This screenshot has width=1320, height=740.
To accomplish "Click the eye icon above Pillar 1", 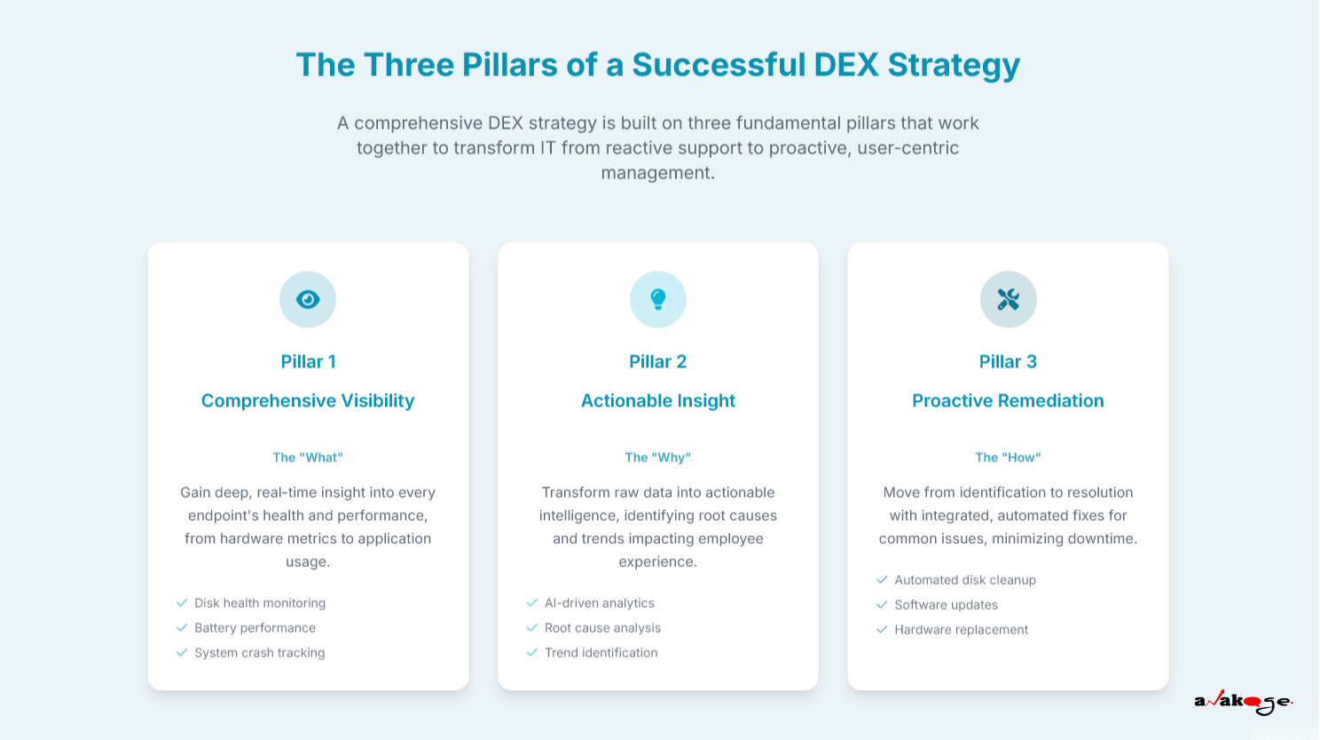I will point(308,299).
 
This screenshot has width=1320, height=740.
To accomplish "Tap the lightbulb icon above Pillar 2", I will point(658,299).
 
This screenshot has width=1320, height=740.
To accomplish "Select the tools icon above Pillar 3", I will point(1008,299).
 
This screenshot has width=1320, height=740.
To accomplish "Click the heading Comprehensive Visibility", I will point(308,401).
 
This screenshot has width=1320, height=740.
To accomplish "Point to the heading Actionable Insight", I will point(658,401).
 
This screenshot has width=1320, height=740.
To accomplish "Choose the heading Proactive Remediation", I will point(1008,401).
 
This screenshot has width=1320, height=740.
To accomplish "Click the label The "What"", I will point(308,458).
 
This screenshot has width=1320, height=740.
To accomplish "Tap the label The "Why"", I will point(658,458).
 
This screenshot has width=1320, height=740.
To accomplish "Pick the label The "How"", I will point(1008,458).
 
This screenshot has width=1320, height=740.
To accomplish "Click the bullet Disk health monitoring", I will point(260,603).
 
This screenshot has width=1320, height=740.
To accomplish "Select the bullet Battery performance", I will point(255,628).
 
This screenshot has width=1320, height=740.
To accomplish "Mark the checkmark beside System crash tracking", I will point(182,652).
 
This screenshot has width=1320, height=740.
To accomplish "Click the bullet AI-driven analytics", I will point(600,603).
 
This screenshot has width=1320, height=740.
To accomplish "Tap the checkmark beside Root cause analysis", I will point(532,627).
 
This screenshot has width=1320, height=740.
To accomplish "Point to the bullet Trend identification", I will point(601,653).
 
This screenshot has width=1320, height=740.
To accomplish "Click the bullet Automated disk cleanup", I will point(965,580).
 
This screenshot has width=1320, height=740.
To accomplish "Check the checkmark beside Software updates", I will point(882,604).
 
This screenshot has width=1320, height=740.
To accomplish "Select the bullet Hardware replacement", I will point(962,630).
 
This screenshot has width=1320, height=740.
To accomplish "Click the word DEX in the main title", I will point(845,65).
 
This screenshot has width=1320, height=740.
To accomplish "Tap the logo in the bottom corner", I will point(1243,703).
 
